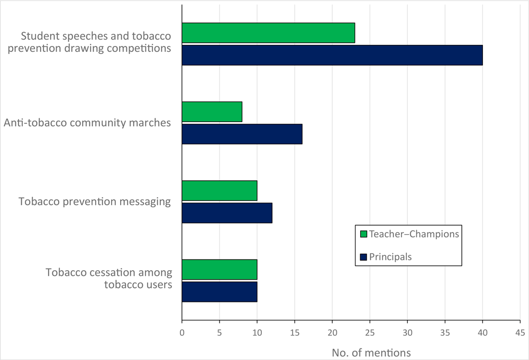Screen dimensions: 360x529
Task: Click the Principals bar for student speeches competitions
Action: click(x=332, y=55)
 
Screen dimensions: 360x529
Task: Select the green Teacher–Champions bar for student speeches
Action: click(x=268, y=33)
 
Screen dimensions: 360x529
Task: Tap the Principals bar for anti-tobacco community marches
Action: click(x=242, y=134)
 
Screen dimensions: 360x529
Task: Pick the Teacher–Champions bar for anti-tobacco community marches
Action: click(x=212, y=112)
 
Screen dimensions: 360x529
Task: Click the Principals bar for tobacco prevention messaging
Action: click(x=227, y=213)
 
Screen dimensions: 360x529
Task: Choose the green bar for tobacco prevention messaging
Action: click(x=219, y=190)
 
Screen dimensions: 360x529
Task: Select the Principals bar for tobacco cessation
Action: click(x=219, y=291)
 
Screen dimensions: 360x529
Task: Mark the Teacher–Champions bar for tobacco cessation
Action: click(x=219, y=269)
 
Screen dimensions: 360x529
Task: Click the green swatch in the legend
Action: click(x=363, y=234)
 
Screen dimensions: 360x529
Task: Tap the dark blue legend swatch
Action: click(x=363, y=257)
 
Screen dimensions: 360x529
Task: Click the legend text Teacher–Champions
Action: click(x=414, y=234)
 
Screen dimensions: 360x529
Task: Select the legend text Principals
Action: click(x=391, y=257)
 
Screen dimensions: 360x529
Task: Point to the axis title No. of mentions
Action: click(x=371, y=352)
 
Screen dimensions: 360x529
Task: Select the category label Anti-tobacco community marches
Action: click(x=87, y=123)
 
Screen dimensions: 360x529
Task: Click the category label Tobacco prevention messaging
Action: click(x=95, y=201)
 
